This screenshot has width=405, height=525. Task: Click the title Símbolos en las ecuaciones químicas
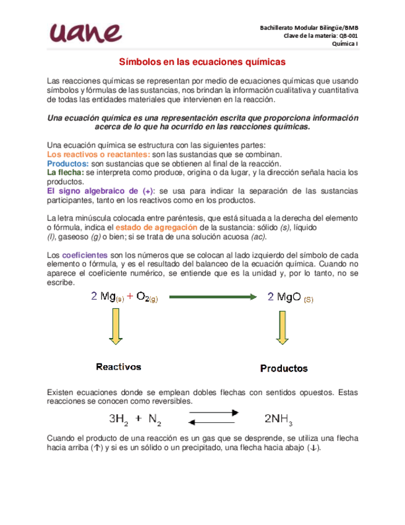coord(202,63)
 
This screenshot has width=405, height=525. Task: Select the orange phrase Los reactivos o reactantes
coord(98,154)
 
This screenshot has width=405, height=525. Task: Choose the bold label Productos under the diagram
coord(284,368)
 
